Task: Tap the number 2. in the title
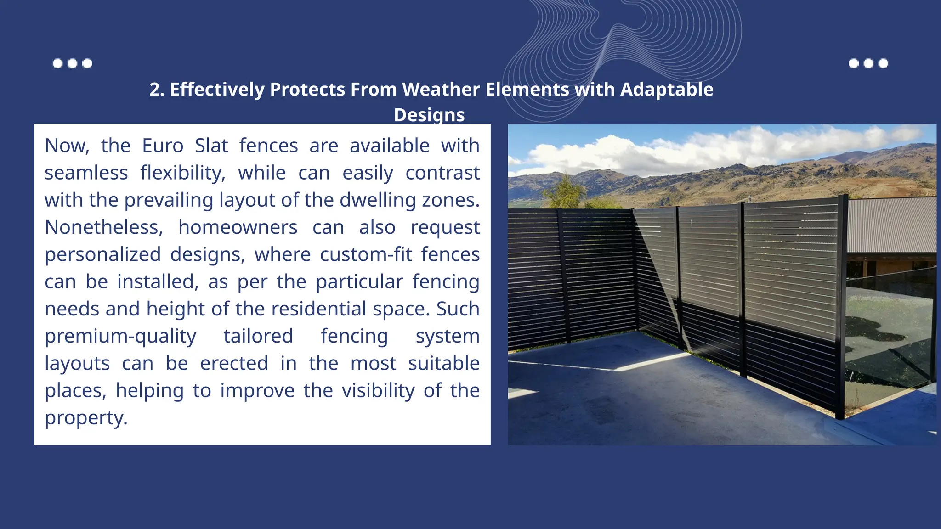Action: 157,90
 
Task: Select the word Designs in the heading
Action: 429,115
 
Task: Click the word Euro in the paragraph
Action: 163,146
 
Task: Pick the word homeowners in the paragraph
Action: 238,227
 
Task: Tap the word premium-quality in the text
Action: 120,336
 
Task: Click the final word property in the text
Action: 85,418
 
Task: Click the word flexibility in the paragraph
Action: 183,173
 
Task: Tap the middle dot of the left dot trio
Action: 72,63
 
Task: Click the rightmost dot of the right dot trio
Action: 883,63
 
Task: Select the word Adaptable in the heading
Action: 667,89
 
